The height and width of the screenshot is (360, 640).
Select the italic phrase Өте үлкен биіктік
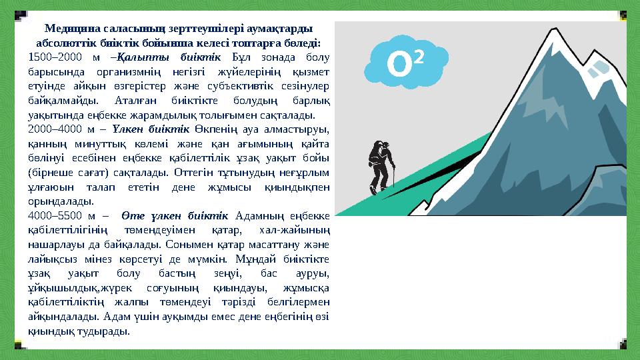tap(175, 215)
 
